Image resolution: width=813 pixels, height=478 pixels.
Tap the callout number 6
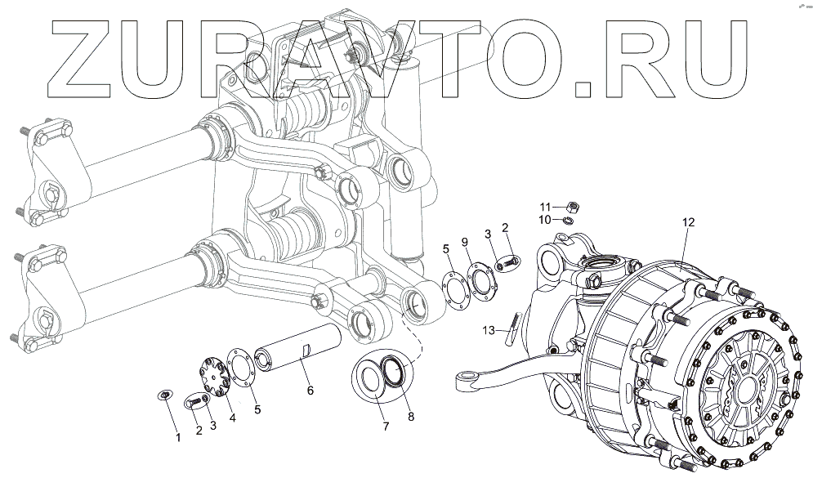310,391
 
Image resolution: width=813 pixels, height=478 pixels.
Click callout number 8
411,416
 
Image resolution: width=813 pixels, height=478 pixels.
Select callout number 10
545,219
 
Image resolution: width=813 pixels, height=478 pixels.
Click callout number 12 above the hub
688,221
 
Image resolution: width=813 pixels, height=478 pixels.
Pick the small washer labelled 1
164,396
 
